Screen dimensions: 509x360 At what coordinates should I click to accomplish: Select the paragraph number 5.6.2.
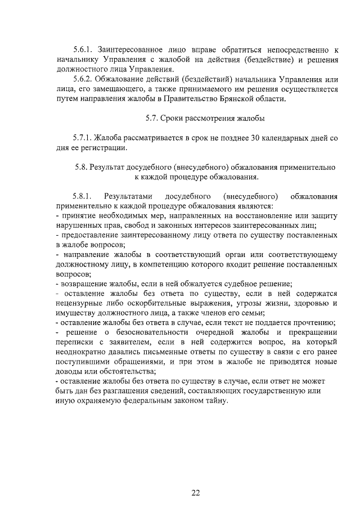(x=83, y=79)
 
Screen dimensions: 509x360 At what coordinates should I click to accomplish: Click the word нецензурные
(x=79, y=303)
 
